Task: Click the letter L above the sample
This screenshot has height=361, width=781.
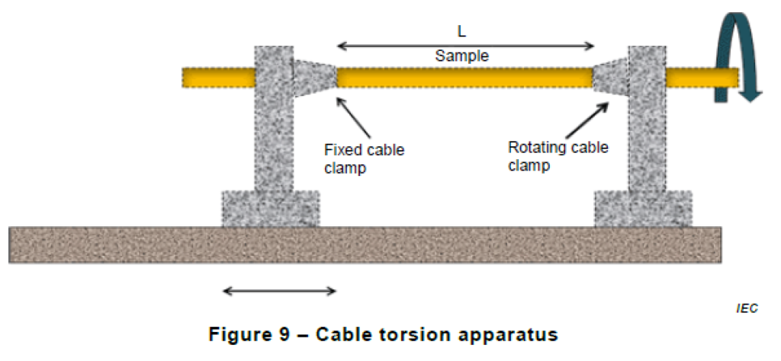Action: [x=461, y=32]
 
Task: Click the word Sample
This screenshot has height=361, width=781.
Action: [x=461, y=56]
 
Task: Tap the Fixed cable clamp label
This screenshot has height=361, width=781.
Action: [x=364, y=158]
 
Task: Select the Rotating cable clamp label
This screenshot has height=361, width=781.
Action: [x=558, y=155]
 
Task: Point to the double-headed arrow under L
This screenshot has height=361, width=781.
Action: [x=465, y=46]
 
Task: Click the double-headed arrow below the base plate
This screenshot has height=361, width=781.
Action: [x=279, y=290]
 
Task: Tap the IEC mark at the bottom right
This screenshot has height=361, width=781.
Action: [x=747, y=308]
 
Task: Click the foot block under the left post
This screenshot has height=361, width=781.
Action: [x=271, y=208]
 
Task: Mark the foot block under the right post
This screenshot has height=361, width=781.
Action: [x=643, y=208]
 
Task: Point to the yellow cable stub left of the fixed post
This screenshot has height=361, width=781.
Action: [x=217, y=77]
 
